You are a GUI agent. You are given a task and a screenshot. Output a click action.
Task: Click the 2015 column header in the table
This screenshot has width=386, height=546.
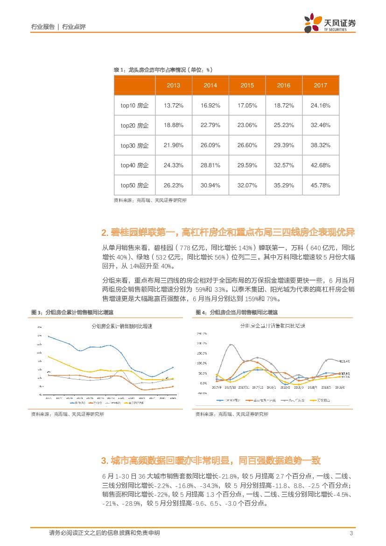click(247, 85)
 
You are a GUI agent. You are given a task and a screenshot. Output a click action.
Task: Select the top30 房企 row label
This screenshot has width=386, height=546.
click(134, 146)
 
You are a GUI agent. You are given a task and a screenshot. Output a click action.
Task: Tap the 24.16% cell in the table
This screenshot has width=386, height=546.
click(320, 106)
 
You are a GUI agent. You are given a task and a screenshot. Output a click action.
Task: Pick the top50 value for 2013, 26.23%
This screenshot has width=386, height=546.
click(173, 185)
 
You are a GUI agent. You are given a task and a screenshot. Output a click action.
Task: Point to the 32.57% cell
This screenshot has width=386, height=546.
click(283, 165)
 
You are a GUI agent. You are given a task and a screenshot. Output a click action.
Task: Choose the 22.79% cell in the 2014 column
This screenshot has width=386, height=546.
click(210, 125)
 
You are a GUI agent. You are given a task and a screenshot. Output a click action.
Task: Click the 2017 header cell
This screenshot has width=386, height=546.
click(320, 85)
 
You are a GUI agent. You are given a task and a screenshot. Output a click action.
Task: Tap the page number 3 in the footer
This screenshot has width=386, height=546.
click(351, 533)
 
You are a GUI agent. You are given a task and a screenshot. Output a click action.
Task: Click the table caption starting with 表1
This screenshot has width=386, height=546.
click(163, 70)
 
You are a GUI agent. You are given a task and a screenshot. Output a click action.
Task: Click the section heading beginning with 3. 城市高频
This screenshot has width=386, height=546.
click(211, 461)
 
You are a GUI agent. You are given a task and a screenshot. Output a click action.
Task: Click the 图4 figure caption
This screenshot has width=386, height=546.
click(236, 312)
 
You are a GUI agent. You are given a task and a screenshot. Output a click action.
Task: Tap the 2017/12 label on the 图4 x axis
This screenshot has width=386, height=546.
click(258, 387)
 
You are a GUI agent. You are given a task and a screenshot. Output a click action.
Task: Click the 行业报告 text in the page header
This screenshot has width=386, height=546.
click(43, 27)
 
